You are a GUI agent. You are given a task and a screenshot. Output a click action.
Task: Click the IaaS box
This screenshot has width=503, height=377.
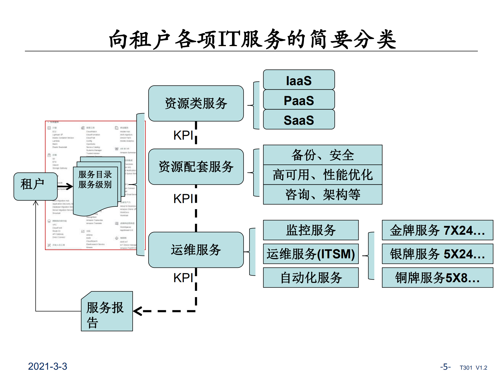[x=299, y=80]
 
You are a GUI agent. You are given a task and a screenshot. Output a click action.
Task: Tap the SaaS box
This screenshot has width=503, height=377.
[x=299, y=120]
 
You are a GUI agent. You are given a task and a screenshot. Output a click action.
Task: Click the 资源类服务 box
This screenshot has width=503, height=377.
[x=196, y=103]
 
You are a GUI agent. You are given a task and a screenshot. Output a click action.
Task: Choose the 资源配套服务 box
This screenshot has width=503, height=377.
[x=196, y=167]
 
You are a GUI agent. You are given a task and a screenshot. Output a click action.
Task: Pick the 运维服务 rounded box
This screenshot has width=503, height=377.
[x=196, y=250]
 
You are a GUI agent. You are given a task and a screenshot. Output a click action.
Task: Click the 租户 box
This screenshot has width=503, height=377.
[x=35, y=186]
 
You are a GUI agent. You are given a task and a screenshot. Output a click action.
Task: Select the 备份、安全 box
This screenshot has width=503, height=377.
[x=322, y=155]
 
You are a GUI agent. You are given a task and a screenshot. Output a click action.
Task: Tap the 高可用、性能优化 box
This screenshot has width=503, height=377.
[x=322, y=175]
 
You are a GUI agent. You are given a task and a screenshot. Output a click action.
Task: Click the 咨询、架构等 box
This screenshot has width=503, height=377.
[x=322, y=195]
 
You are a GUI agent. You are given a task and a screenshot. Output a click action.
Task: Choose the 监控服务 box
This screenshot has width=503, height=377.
[x=311, y=230]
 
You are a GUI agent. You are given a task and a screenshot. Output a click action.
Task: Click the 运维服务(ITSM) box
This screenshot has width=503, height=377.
[x=311, y=254]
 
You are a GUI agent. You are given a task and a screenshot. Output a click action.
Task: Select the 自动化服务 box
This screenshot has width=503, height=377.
[x=311, y=277]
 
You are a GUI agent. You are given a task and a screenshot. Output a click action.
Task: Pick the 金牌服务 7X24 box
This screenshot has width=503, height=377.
[x=437, y=230]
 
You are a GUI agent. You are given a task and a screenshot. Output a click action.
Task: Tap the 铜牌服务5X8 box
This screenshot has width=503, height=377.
[x=437, y=277]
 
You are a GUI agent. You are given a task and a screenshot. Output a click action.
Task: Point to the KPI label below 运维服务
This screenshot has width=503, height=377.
[x=183, y=278]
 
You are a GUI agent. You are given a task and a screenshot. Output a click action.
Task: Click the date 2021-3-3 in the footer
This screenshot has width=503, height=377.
[x=47, y=366]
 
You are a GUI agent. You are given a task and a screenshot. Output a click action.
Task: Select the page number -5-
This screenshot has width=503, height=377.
[x=445, y=367]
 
